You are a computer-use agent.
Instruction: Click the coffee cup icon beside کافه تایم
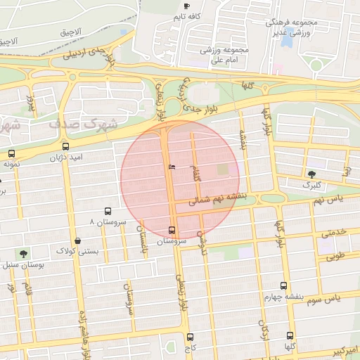coord(186,6)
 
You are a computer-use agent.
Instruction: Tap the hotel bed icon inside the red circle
coord(172,167)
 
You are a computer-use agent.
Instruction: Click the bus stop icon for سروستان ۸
coord(108,210)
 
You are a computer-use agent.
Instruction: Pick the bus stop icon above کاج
coord(190,337)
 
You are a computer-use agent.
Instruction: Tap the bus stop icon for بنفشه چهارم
coord(283,285)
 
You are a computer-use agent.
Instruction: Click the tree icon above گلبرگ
coord(311,174)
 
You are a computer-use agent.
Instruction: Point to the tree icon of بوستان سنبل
coord(24,254)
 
